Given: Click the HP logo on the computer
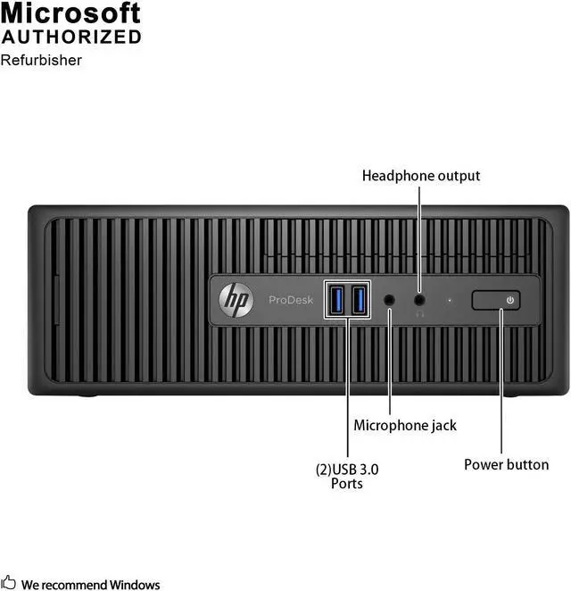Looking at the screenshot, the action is click(236, 300).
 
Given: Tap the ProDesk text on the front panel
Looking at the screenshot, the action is click(291, 300).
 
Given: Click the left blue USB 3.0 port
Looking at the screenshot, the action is click(338, 299).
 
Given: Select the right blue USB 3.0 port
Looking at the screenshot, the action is click(358, 299).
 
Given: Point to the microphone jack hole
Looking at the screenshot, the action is click(390, 300).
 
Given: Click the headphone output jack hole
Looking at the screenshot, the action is click(420, 300).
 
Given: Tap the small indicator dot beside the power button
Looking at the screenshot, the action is click(450, 301).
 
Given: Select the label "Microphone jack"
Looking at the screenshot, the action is click(405, 426).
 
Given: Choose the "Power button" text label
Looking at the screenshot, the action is click(506, 464).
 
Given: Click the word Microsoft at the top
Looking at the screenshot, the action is click(70, 13).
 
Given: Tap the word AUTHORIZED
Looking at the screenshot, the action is click(70, 37).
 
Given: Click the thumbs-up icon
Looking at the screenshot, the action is click(8, 583).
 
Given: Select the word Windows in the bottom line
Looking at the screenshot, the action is click(137, 585).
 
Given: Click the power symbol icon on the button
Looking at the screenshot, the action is click(509, 300).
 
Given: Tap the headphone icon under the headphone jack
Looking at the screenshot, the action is click(420, 314).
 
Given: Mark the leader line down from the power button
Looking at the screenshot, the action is click(501, 384).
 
